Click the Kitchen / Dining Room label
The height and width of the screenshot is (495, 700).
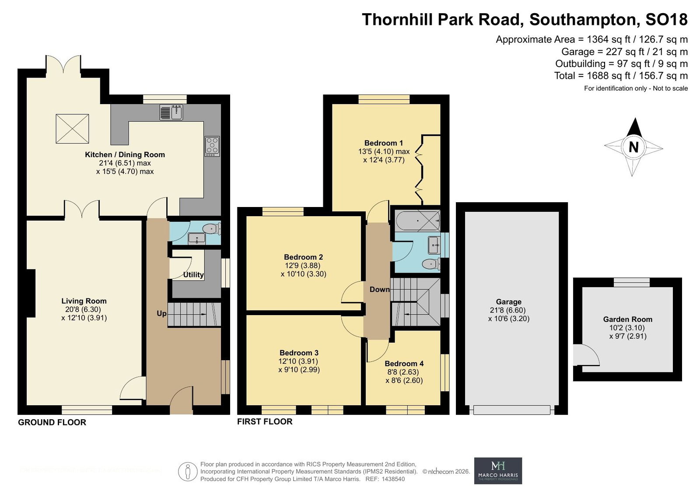click(125, 154)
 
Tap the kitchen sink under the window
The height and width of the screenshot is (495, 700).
click(171, 112)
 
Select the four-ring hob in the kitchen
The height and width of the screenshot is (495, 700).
click(212, 146)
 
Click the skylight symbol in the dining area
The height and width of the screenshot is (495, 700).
click(72, 129)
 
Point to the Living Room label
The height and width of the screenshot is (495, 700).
click(84, 301)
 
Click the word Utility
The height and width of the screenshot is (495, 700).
click(193, 274)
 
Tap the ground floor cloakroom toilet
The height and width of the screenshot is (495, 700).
click(212, 229)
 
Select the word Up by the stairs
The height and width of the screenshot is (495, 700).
click(161, 313)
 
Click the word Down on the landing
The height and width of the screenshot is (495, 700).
click(379, 290)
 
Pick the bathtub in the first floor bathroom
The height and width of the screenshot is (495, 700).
click(417, 221)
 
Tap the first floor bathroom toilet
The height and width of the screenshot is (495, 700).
click(431, 264)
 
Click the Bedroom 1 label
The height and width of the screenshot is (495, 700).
click(383, 143)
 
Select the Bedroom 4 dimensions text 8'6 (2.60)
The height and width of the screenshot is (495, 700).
click(404, 381)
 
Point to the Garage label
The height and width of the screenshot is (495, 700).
click(508, 302)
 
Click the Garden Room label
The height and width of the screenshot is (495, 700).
click(627, 319)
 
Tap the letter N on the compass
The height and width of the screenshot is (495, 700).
click(633, 147)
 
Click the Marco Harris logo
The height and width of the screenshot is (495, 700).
click(498, 470)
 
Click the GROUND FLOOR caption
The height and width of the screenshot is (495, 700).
click(52, 422)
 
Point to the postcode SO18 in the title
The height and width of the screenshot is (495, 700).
click(666, 19)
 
